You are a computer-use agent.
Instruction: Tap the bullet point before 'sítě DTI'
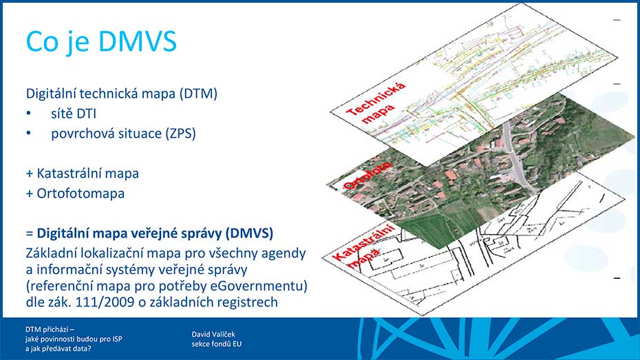pos(29,114)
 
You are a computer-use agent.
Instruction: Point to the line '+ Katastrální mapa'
pos(83,173)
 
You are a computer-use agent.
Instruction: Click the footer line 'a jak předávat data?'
pos(58,348)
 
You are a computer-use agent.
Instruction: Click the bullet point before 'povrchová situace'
pos(29,134)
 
